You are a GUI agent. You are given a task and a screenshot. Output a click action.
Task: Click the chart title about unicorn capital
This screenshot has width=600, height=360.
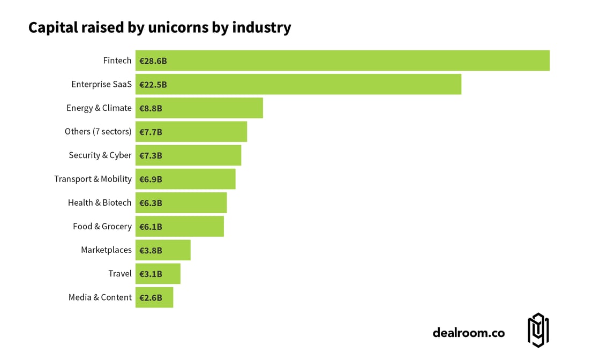click(160, 27)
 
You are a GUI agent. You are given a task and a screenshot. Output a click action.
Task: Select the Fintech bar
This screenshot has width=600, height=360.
click(342, 61)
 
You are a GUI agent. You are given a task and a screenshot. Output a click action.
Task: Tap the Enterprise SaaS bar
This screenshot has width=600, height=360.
click(298, 84)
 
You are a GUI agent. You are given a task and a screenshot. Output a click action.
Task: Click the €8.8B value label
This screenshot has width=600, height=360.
click(151, 108)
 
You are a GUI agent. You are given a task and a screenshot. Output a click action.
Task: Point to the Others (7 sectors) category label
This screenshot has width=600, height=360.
click(98, 131)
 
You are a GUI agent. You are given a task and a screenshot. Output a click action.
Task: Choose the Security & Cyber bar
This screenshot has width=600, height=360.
click(188, 155)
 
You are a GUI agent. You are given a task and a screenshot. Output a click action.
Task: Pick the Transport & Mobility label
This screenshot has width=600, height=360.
click(93, 179)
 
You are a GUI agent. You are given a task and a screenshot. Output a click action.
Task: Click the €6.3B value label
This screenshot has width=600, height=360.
click(151, 203)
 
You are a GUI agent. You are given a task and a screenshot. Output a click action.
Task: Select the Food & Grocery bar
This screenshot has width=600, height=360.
click(179, 226)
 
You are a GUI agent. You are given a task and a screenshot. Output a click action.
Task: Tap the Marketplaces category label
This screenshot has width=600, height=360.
click(106, 250)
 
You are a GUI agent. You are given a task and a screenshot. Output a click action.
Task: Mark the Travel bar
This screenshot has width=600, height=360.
click(158, 274)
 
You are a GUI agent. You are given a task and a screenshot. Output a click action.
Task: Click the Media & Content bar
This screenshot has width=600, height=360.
click(154, 297)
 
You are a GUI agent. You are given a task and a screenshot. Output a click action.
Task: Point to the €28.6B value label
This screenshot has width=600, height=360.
click(153, 61)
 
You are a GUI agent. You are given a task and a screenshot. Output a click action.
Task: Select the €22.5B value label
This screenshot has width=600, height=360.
click(153, 85)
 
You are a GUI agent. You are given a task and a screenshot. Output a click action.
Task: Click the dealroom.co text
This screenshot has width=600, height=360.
click(468, 333)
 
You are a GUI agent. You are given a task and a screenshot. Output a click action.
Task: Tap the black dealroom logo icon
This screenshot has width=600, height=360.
click(538, 330)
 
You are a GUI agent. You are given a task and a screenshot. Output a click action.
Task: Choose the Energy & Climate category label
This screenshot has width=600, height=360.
click(99, 108)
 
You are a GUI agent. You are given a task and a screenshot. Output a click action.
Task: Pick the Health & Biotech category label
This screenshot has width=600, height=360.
click(100, 202)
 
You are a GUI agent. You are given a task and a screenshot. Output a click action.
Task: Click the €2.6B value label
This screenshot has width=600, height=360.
click(151, 297)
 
